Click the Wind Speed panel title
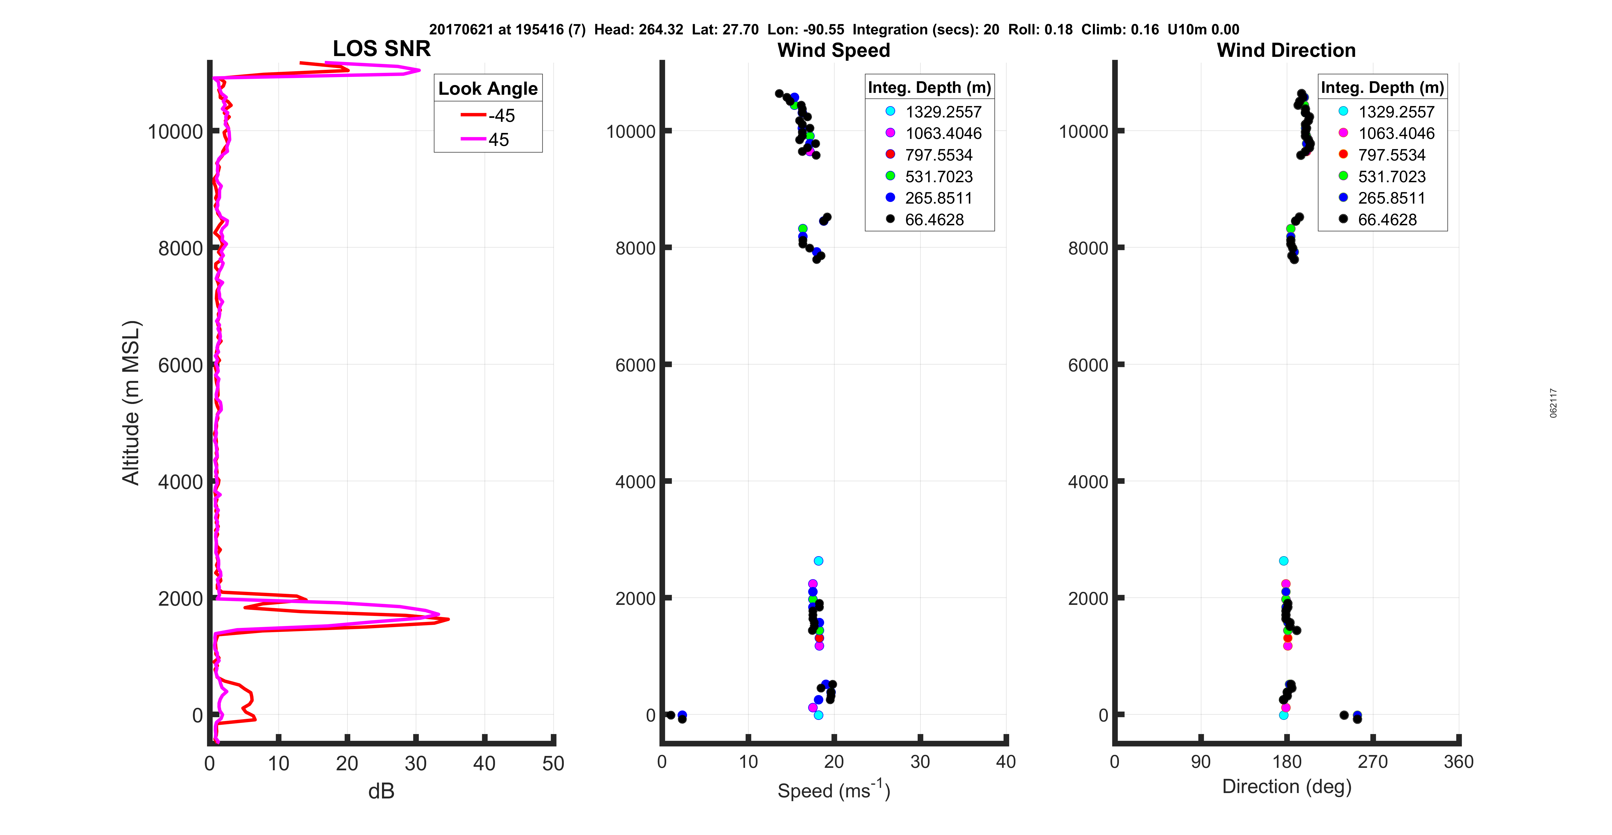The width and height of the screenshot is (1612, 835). (834, 50)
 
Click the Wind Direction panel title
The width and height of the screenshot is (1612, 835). (1286, 50)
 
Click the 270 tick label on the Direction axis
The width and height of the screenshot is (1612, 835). (1373, 762)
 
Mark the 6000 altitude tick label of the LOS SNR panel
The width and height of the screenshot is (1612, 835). (180, 365)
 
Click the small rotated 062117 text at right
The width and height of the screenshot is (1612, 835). (1553, 403)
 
